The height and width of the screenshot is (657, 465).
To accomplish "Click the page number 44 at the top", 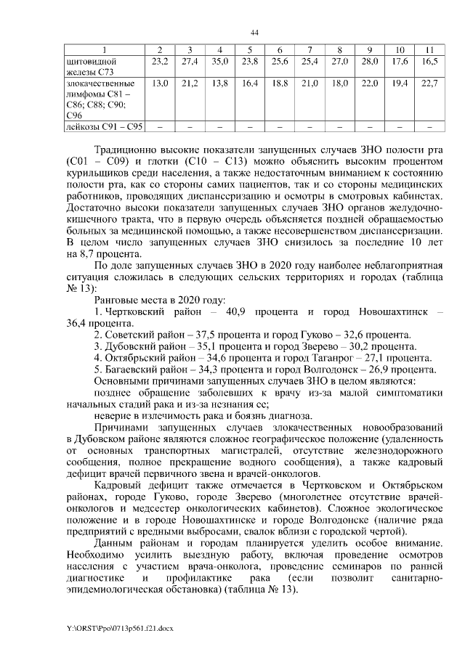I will point(254,33).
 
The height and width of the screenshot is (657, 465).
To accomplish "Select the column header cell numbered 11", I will point(429,49).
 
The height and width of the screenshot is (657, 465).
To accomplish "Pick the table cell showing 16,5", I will point(429,62).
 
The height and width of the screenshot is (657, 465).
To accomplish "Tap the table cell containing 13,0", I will point(159,84).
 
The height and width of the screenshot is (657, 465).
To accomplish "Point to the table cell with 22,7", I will point(429,84).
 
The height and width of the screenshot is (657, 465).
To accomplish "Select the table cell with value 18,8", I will point(279,84).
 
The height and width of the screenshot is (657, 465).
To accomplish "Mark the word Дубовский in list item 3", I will point(129,346).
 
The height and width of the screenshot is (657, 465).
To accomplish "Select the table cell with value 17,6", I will point(399,62).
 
